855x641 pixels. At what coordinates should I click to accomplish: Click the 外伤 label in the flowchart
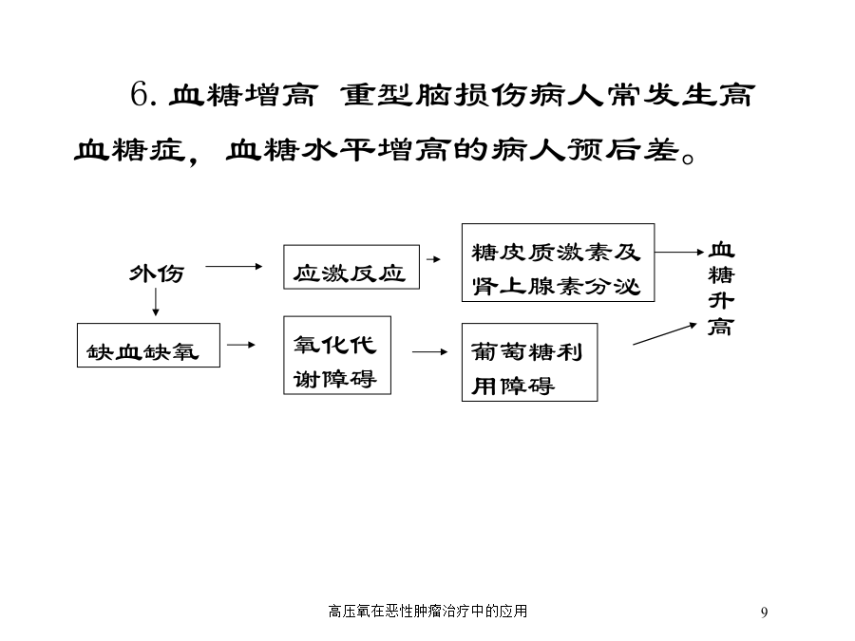pos(157,273)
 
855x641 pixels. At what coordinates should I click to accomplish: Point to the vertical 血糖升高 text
pos(721,289)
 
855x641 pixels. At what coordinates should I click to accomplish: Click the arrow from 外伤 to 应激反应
pos(234,267)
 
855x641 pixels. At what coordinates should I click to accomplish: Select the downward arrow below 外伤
pos(156,302)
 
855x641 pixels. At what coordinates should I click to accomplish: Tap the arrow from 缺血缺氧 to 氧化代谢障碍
pos(241,345)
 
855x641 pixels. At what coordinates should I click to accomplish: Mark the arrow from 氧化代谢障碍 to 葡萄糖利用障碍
pos(429,352)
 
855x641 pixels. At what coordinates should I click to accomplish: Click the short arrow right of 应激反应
pos(433,259)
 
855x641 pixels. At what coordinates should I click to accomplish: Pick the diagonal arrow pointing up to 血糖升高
pos(665,333)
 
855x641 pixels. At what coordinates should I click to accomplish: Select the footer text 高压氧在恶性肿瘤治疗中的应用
pos(428,611)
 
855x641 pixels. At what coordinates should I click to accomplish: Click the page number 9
pos(765,613)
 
